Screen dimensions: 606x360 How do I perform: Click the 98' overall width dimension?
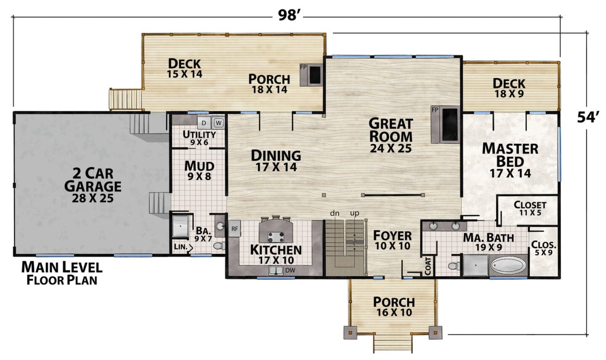point(288,16)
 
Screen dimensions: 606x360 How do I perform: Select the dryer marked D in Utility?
point(204,123)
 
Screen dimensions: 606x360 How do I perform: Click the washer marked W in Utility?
point(218,123)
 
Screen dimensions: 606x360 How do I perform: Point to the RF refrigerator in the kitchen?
point(234,229)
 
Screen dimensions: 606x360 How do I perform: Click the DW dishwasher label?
point(290,270)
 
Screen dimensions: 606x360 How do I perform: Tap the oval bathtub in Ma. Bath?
point(509,265)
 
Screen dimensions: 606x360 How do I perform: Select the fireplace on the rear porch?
point(311,75)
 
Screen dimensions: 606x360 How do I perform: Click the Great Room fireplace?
point(445,125)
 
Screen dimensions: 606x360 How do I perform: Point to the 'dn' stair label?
point(335,213)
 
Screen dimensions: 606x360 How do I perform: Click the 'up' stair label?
point(355,213)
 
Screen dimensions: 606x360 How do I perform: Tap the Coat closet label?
point(428,266)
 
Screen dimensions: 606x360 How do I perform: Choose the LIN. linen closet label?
point(181,247)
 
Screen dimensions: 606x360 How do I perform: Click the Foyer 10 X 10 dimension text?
point(393,246)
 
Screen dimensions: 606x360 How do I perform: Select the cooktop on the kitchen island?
point(276,237)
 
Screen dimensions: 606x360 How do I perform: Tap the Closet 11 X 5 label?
point(530,208)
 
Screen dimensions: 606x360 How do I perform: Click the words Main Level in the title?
point(62,267)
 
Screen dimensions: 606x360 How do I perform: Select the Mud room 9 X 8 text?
point(199,171)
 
